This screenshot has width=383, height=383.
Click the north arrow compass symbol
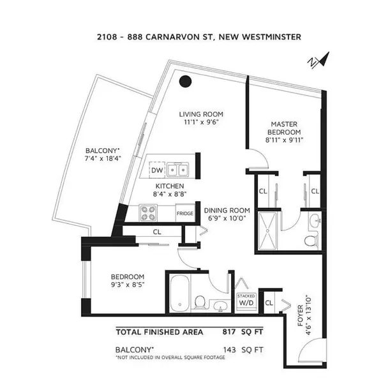click(x=319, y=60)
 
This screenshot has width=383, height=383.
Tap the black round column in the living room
click(x=185, y=81)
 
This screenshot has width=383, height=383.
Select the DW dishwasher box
click(x=157, y=170)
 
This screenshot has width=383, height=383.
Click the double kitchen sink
click(x=177, y=169)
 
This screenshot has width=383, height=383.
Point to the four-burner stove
click(x=148, y=213)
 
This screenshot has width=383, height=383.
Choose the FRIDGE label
click(x=185, y=213)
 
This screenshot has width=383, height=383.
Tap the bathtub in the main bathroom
click(x=179, y=293)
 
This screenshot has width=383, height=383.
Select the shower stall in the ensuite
click(x=267, y=230)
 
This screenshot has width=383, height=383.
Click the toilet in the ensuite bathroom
click(x=310, y=241)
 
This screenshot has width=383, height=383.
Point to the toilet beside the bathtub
click(x=200, y=303)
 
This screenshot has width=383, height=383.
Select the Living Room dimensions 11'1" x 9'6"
click(x=201, y=122)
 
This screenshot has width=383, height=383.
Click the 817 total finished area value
click(x=229, y=332)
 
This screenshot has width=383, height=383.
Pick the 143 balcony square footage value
click(x=230, y=350)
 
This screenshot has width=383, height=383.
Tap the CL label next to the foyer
click(x=269, y=303)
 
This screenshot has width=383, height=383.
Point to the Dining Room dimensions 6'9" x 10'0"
click(x=227, y=218)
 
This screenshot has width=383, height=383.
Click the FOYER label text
click(x=300, y=315)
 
